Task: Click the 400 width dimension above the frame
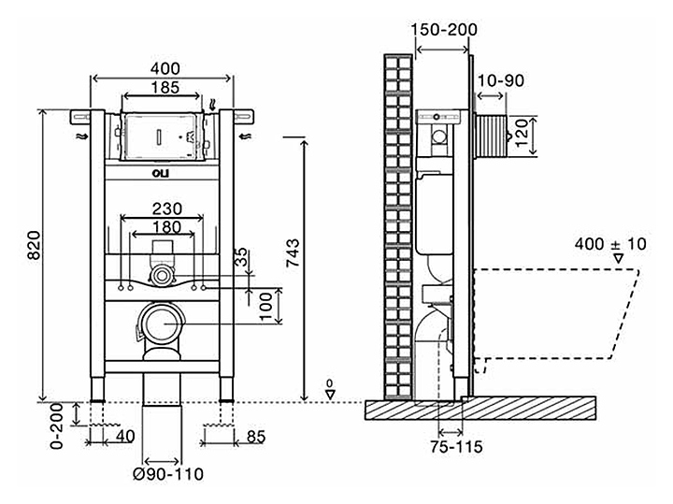[x=164, y=68]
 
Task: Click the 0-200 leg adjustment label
[x=56, y=425]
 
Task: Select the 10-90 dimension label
[x=501, y=81]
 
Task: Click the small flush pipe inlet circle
[x=164, y=275]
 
